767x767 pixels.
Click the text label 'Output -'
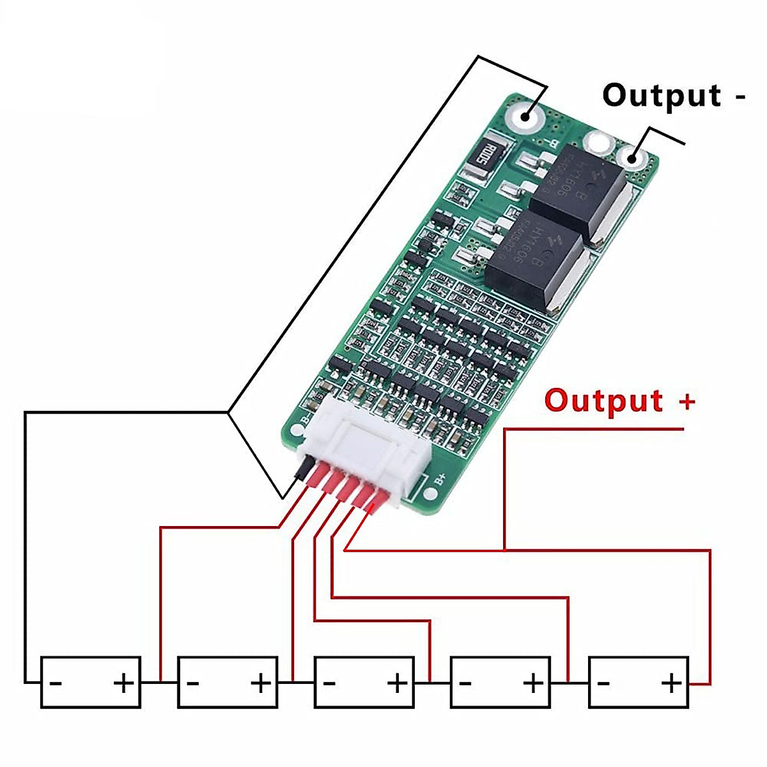[x=674, y=96]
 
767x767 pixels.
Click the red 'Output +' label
[x=619, y=401]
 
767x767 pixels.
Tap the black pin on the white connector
[x=300, y=472]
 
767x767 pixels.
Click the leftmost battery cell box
[x=90, y=682]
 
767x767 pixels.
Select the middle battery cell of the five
[x=364, y=682]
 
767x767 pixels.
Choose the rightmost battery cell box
[x=638, y=682]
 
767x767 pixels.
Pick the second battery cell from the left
[x=227, y=682]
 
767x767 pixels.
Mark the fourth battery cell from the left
[x=500, y=682]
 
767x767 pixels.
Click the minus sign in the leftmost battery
[x=56, y=683]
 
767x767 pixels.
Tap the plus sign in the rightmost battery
[x=671, y=683]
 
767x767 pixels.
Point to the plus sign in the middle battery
[x=397, y=683]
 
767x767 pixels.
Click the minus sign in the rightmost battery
[x=603, y=683]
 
